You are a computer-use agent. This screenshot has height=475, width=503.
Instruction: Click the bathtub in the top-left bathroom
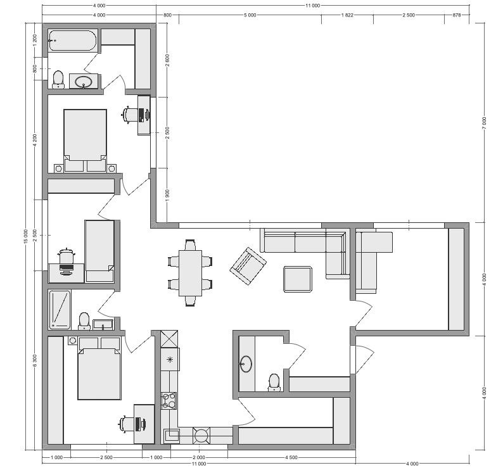coord(72,41)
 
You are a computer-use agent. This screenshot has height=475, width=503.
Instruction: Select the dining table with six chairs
coord(190,273)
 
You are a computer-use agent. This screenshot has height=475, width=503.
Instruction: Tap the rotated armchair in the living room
coord(248,266)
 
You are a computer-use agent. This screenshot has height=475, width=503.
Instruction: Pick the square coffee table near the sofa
coord(298,279)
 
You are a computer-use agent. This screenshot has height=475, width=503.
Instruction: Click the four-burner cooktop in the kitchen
coord(169,401)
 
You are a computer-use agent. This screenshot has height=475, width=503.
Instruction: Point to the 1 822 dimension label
coord(347,15)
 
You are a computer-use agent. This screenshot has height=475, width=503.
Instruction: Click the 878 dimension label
coord(457,15)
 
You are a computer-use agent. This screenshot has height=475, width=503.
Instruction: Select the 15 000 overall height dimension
coord(27,236)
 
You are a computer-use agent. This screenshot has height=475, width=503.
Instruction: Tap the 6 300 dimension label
coord(35,360)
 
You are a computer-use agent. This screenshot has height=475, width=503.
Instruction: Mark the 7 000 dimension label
coord(484,123)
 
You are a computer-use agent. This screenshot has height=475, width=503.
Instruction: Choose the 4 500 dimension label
coord(291,457)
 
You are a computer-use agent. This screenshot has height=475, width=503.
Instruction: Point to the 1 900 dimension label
coord(167,196)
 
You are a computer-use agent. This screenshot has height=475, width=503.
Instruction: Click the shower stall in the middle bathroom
coord(60,310)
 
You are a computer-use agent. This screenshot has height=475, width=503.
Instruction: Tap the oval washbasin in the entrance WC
coord(246,364)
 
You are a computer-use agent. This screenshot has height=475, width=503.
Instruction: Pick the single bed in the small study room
coord(99,251)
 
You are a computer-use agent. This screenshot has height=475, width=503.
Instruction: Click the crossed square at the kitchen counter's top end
coord(169,339)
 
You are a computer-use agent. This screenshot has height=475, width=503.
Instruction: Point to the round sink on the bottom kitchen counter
coord(201,436)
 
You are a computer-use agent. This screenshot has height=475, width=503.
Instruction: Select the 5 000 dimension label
coord(250,15)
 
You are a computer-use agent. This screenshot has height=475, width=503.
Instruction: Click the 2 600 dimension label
coord(167,60)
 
